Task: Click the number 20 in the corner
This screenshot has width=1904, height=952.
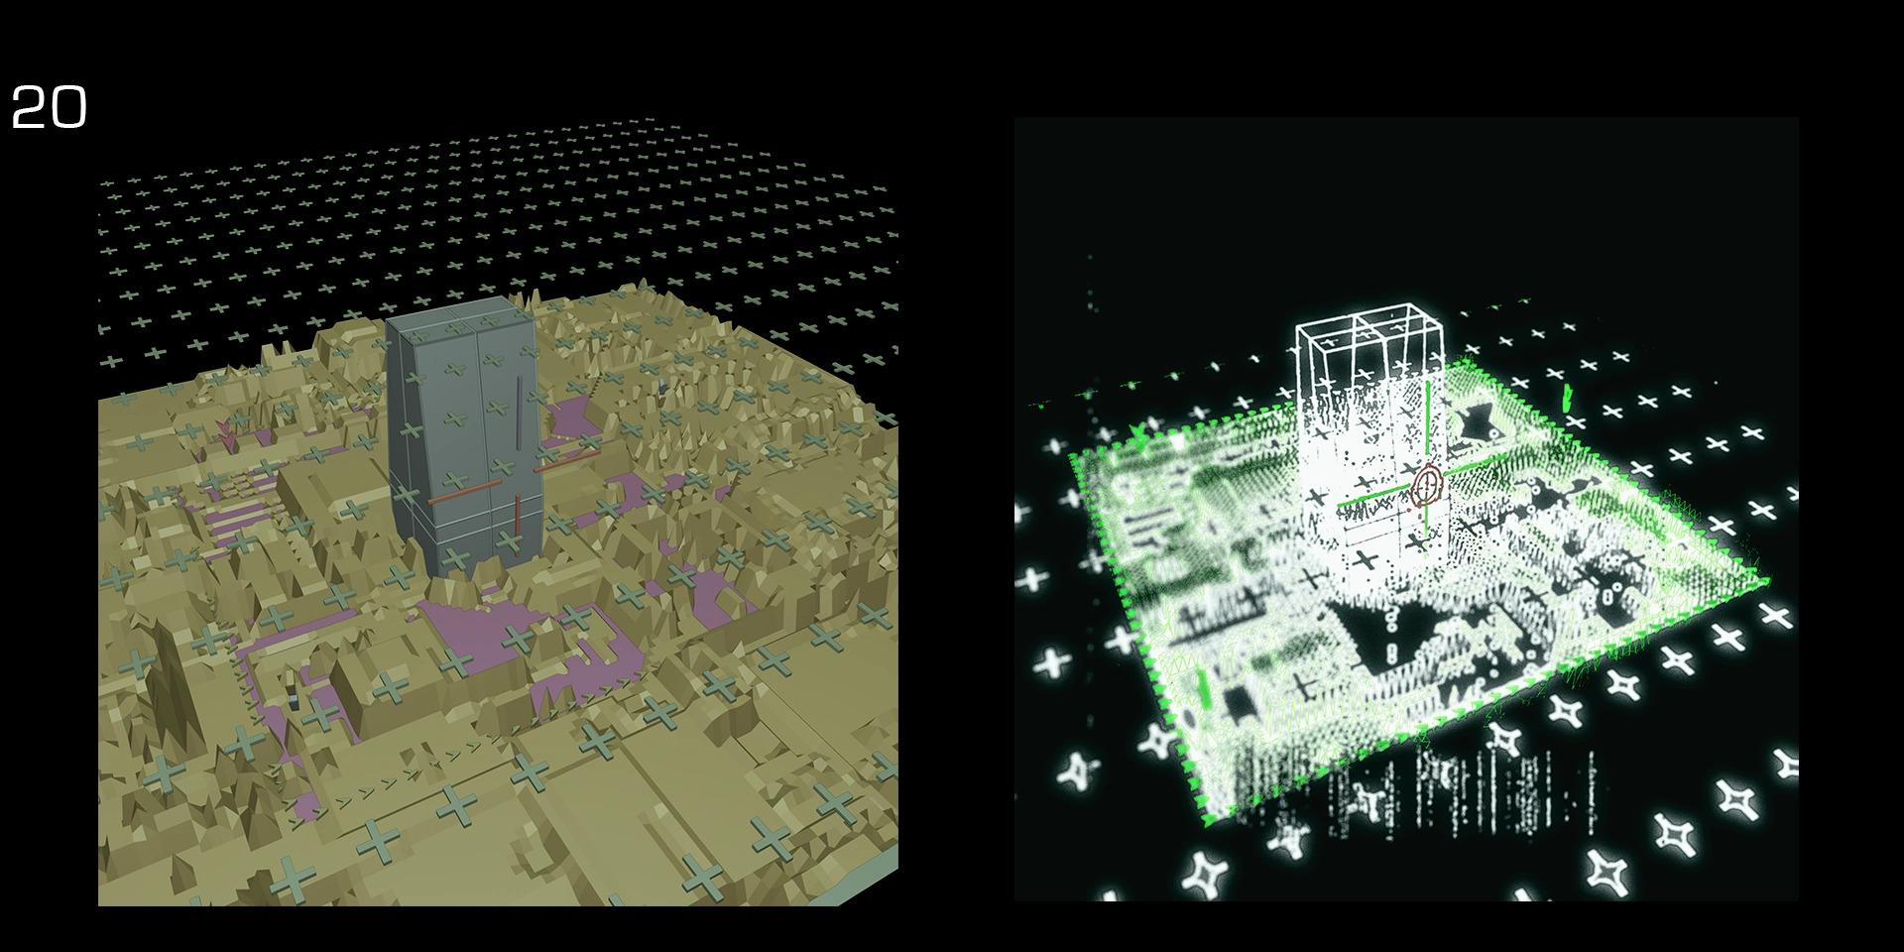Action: pyautogui.click(x=49, y=107)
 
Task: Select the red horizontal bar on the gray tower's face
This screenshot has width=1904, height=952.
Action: pyautogui.click(x=463, y=493)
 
